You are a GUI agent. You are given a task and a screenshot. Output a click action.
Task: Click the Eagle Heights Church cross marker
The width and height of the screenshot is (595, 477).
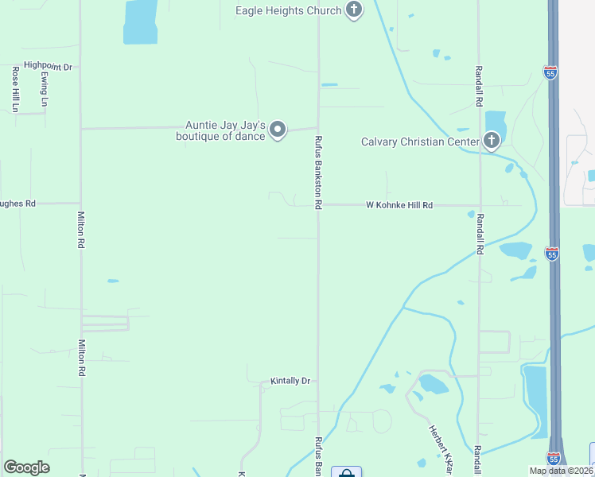click(x=355, y=10)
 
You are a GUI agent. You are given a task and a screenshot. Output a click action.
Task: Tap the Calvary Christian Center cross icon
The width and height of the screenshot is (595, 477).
click(x=492, y=142)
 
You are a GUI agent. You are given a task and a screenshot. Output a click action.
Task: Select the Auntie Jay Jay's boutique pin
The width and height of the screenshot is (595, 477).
click(x=277, y=129)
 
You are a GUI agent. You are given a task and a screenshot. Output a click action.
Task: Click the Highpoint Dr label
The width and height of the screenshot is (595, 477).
click(x=48, y=67)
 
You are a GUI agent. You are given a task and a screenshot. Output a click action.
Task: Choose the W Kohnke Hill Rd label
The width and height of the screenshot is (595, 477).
click(x=399, y=205)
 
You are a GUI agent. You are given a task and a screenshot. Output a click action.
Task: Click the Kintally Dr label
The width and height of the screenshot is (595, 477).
click(x=290, y=381)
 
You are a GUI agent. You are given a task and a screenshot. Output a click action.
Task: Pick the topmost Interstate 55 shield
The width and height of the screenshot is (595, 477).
click(x=550, y=72)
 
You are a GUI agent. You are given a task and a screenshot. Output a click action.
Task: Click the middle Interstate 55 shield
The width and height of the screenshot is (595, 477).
click(x=552, y=254)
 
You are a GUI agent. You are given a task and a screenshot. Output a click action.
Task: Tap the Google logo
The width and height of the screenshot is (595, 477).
click(x=26, y=467)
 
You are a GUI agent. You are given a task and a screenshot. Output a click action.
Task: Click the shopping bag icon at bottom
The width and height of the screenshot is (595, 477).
click(x=346, y=474)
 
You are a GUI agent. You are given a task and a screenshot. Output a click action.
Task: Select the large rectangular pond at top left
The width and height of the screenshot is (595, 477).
click(x=140, y=21)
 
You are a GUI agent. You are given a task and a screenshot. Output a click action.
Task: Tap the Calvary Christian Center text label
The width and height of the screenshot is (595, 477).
click(x=420, y=142)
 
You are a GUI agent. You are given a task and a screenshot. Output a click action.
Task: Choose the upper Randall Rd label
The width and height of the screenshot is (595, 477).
click(x=479, y=87)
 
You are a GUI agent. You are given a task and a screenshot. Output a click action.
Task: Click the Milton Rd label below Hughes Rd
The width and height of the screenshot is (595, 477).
click(x=80, y=231)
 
